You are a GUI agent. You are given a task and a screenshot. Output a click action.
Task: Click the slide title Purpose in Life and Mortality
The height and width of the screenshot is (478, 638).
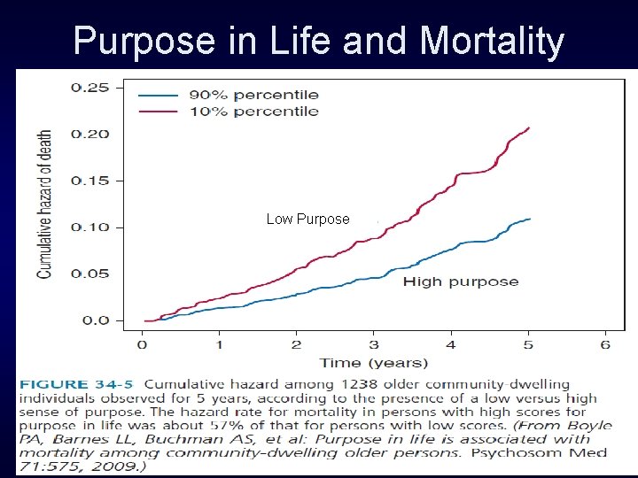[x=318, y=40]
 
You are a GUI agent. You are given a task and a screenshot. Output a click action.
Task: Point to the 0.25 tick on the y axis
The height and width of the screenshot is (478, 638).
[x=90, y=88]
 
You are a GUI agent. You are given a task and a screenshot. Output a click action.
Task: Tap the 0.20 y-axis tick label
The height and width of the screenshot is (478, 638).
[x=90, y=134]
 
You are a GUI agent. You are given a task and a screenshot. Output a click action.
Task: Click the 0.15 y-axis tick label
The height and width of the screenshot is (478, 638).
[x=90, y=181]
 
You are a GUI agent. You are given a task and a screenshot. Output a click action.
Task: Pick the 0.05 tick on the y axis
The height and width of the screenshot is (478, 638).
[x=90, y=274]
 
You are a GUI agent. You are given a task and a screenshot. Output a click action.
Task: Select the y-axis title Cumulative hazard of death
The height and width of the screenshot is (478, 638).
[x=45, y=204]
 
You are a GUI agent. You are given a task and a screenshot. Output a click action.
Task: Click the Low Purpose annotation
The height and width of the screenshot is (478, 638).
[x=307, y=219]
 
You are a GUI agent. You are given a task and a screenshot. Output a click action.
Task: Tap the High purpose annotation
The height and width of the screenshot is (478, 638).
[x=461, y=281]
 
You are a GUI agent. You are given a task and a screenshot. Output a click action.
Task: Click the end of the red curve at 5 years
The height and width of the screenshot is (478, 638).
[x=529, y=128]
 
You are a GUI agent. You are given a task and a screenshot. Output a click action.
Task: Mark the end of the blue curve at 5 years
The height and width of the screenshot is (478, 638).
[x=530, y=219]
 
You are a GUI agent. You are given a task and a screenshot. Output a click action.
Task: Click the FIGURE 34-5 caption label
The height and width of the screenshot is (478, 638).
[x=78, y=385]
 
